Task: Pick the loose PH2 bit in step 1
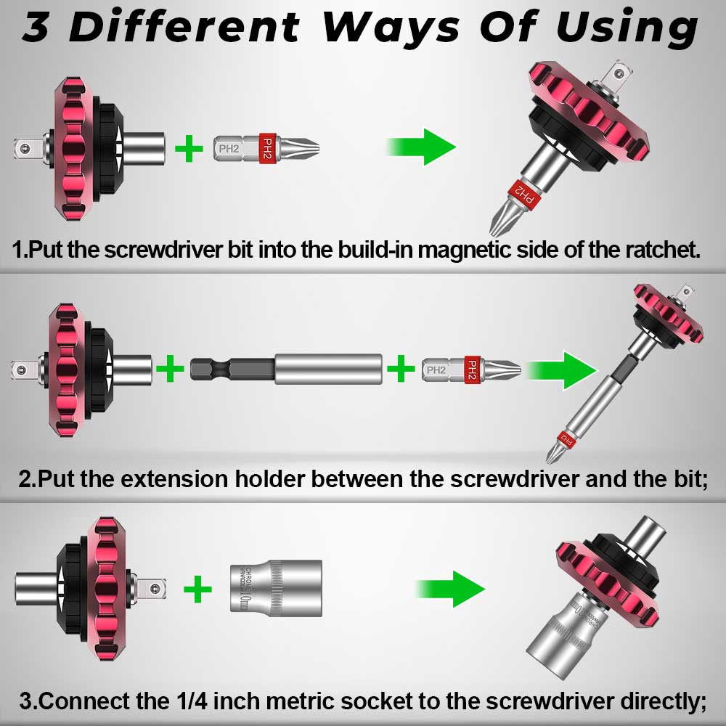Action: (x=266, y=148)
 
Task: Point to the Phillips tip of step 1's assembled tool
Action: (x=500, y=222)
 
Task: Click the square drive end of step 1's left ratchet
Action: (x=25, y=147)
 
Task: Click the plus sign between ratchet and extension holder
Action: (x=170, y=370)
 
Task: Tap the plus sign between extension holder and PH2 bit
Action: (x=400, y=370)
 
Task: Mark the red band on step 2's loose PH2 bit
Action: (x=471, y=370)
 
